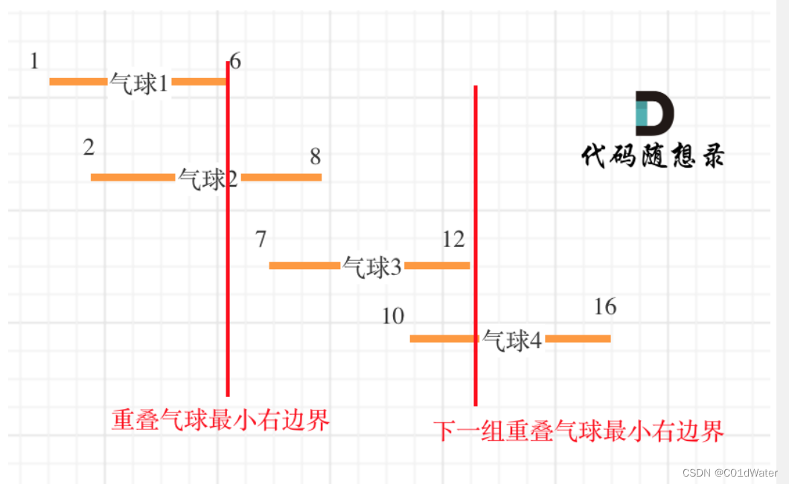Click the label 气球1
point(139,83)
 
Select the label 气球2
point(208,178)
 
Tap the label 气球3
point(371,266)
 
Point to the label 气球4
point(512,340)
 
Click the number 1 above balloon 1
point(34,61)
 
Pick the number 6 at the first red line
point(235,62)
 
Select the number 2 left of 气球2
point(89,147)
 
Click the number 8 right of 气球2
point(316,156)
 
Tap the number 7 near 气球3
point(261,239)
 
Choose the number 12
point(453,239)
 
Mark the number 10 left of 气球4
point(393,316)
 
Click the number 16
point(605,306)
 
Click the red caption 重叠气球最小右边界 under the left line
point(220,421)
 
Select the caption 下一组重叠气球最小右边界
point(578,430)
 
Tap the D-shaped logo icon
point(654,113)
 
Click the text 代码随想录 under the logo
point(652,156)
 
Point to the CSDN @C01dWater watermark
point(729,473)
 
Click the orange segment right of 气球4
point(578,339)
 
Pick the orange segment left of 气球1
point(78,81)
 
